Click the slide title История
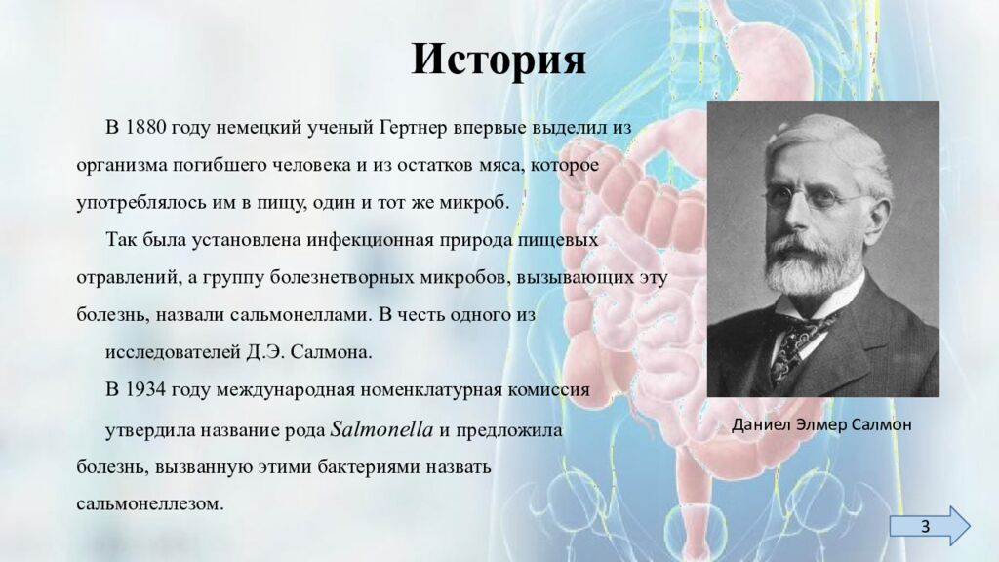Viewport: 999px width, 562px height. [x=499, y=60]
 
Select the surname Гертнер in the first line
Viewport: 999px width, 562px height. [x=414, y=129]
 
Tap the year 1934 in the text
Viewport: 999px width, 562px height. [x=147, y=389]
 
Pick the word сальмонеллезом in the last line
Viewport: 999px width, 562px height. [x=150, y=504]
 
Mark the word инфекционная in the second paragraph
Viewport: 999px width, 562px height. [x=374, y=240]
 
